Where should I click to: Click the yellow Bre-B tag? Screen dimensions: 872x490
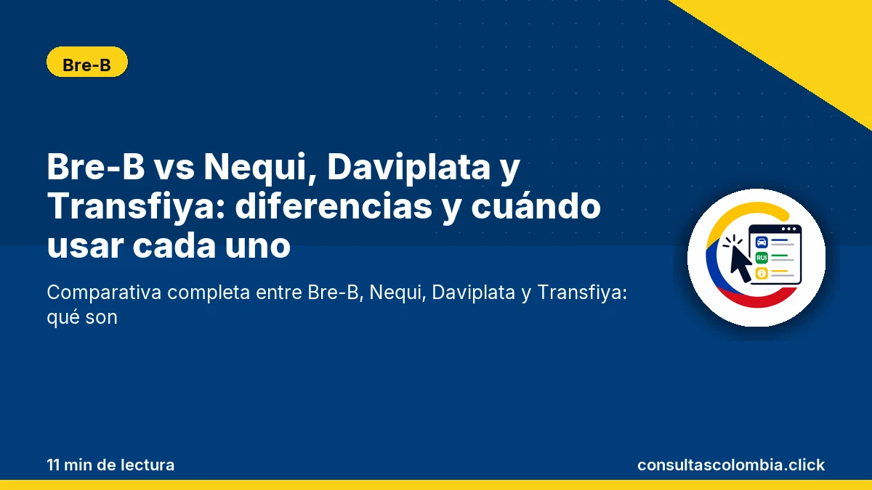[86, 62]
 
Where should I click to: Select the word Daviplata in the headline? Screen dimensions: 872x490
[408, 168]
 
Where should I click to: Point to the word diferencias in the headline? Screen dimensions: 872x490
[334, 206]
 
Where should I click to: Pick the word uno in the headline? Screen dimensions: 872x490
[258, 247]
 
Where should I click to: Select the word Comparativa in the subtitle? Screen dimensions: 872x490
[104, 293]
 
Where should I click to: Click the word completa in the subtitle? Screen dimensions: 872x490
[209, 293]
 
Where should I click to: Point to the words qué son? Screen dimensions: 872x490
[82, 318]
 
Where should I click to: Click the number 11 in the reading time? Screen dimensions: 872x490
[53, 465]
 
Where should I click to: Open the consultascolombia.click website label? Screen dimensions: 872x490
[731, 465]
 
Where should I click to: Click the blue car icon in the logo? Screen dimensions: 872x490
[762, 242]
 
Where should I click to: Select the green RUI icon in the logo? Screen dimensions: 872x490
[762, 258]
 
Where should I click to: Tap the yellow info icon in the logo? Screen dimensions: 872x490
[762, 274]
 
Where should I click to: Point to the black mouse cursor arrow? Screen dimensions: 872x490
[739, 263]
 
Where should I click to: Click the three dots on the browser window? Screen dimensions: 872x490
[788, 229]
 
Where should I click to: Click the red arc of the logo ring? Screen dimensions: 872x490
[757, 298]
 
